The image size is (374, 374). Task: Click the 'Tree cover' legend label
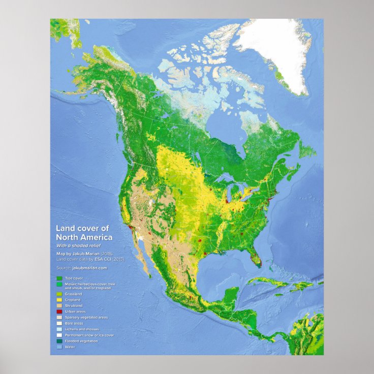pyautogui.click(x=74, y=278)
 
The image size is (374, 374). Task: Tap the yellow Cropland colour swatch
pyautogui.click(x=59, y=299)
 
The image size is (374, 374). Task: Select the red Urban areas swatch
pyautogui.click(x=59, y=311)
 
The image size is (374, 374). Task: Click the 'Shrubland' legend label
pyautogui.click(x=74, y=305)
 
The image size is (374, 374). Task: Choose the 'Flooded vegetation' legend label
pyautogui.click(x=81, y=341)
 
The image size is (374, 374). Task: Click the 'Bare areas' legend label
pyautogui.click(x=74, y=323)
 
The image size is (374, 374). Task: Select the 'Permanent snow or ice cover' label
pyautogui.click(x=89, y=335)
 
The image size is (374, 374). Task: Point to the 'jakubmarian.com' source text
pyautogui.click(x=89, y=267)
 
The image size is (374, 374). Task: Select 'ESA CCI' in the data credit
pyautogui.click(x=102, y=259)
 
